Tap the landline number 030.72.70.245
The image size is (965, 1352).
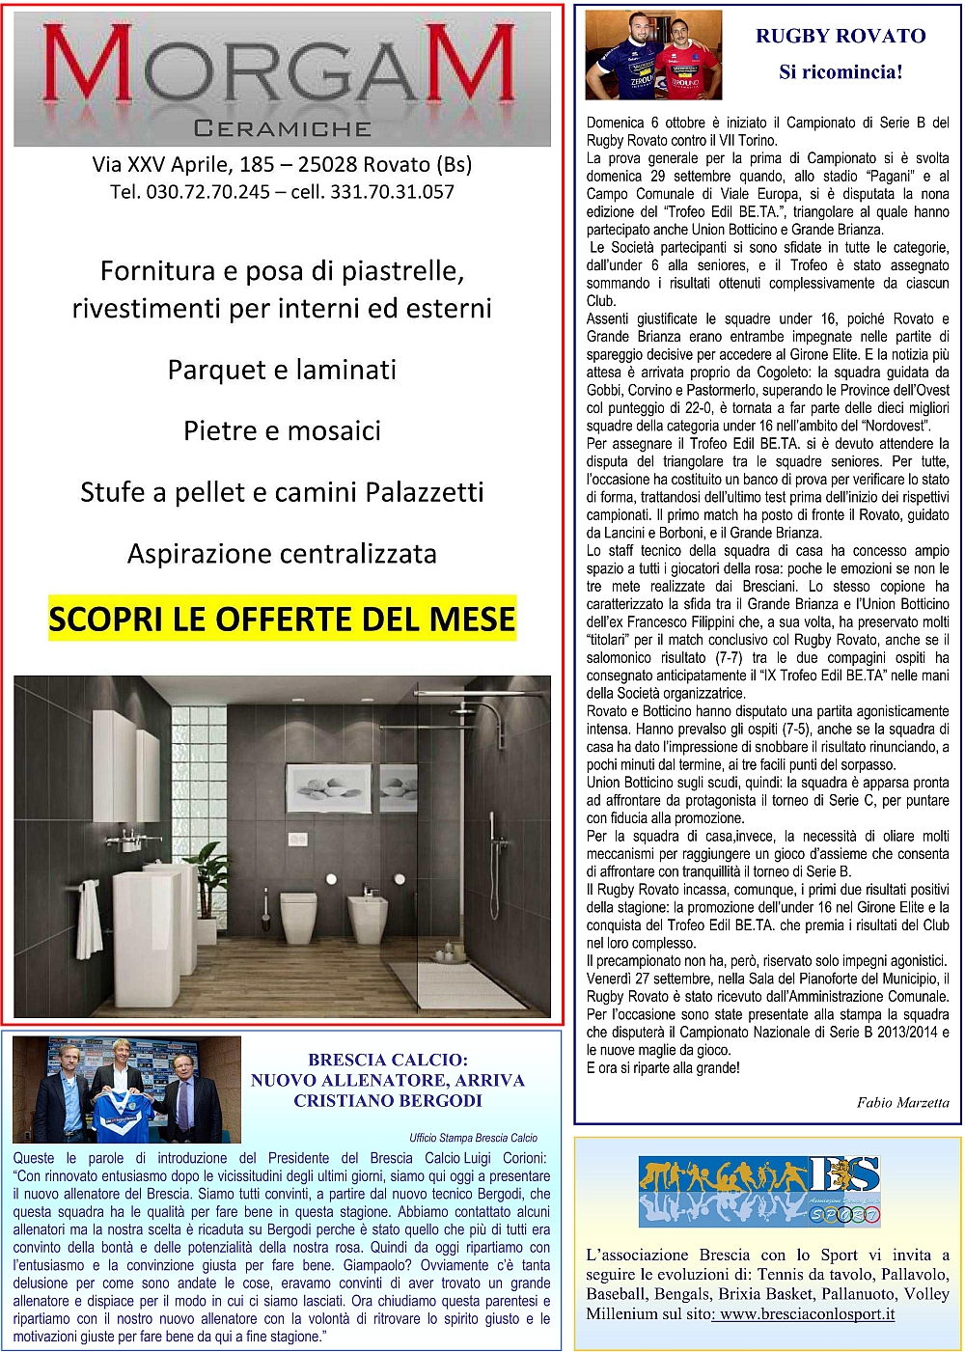point(207,192)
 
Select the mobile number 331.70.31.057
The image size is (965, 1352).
point(392,192)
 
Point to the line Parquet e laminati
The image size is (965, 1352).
point(282,370)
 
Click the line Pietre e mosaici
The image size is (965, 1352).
point(282,430)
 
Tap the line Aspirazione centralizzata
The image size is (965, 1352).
point(282,554)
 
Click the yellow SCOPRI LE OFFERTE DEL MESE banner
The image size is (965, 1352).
point(282,619)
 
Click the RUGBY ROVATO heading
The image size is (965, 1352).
point(841,37)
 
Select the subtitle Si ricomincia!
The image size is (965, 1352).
point(841,72)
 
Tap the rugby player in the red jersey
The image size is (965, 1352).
point(686,61)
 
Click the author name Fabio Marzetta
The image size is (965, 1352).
point(902,1102)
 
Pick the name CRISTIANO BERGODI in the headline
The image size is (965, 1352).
point(388,1101)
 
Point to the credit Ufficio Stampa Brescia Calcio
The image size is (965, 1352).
point(473,1138)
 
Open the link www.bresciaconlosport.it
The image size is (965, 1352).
point(807,1314)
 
